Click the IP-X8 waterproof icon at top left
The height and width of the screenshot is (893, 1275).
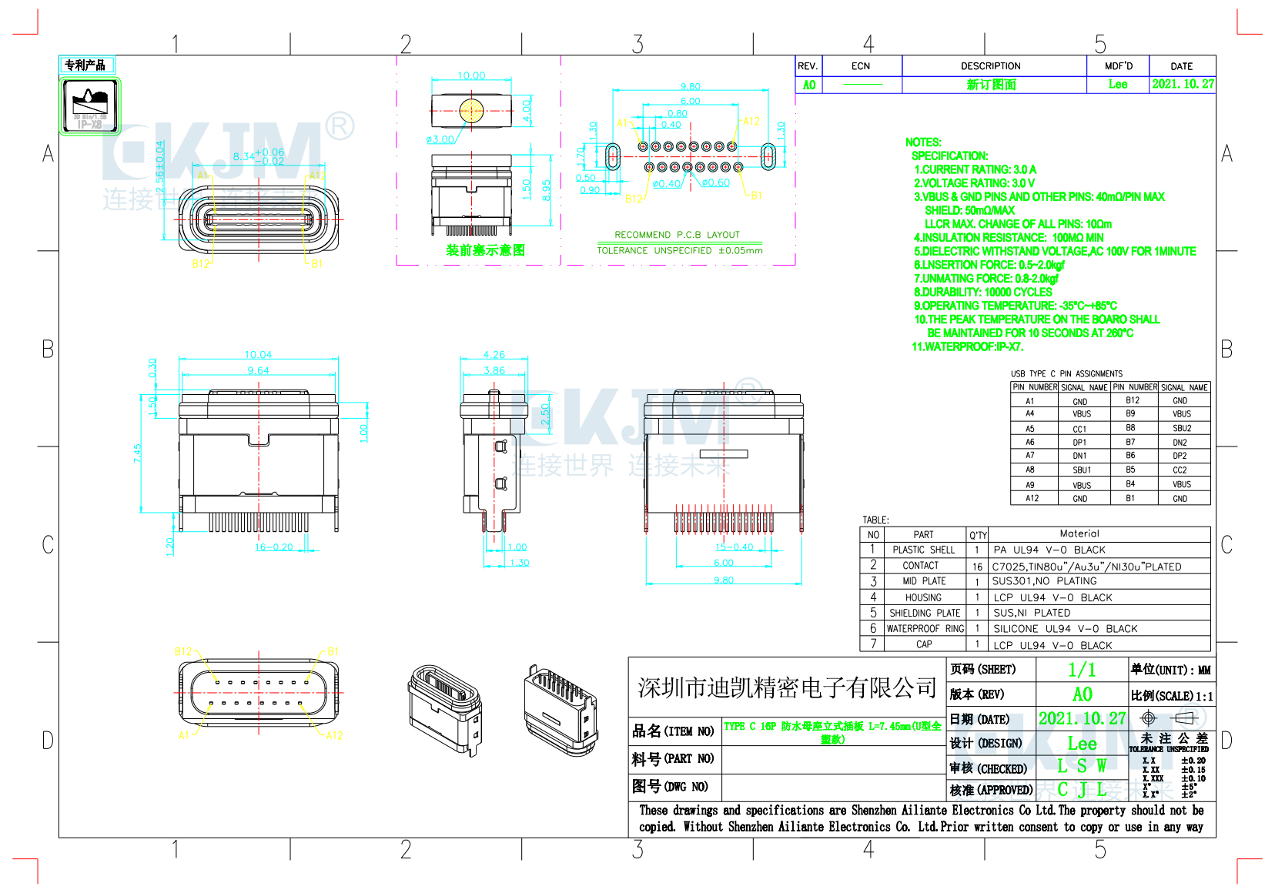click(x=90, y=105)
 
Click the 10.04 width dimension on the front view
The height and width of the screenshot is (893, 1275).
click(x=258, y=355)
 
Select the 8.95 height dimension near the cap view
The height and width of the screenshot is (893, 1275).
click(x=546, y=189)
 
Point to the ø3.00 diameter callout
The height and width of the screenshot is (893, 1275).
click(x=440, y=139)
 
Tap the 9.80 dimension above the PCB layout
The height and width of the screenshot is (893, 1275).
click(x=691, y=87)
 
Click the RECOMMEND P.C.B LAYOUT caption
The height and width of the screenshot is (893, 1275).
click(x=677, y=235)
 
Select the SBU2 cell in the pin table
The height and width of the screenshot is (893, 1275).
click(x=1182, y=428)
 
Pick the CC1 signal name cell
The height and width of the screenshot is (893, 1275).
click(x=1080, y=429)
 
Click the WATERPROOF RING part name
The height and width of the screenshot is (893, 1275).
click(x=925, y=629)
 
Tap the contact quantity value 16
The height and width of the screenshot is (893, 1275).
click(x=977, y=567)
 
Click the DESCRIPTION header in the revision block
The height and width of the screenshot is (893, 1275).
click(x=990, y=66)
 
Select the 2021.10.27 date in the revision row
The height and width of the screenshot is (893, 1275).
click(x=1183, y=84)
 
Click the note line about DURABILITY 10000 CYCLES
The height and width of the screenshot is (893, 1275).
click(x=982, y=293)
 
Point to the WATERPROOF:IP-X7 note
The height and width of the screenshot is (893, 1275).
click(x=967, y=347)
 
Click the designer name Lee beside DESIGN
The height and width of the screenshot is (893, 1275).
click(x=1082, y=744)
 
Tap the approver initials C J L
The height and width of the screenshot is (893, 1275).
click(x=1082, y=790)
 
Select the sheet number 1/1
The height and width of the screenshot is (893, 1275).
click(x=1082, y=670)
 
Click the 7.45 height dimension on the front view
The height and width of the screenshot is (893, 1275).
click(x=137, y=453)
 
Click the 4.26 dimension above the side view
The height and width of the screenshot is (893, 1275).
click(x=494, y=355)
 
